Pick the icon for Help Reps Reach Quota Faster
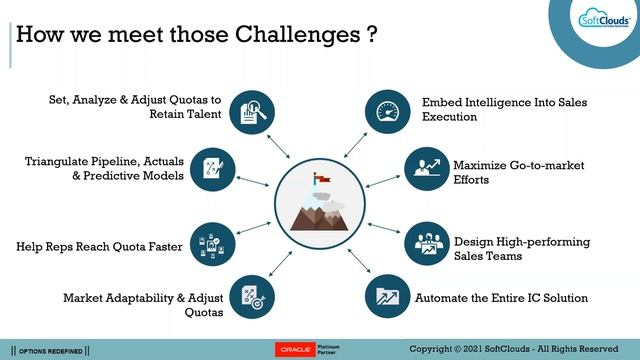click(x=213, y=242)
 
